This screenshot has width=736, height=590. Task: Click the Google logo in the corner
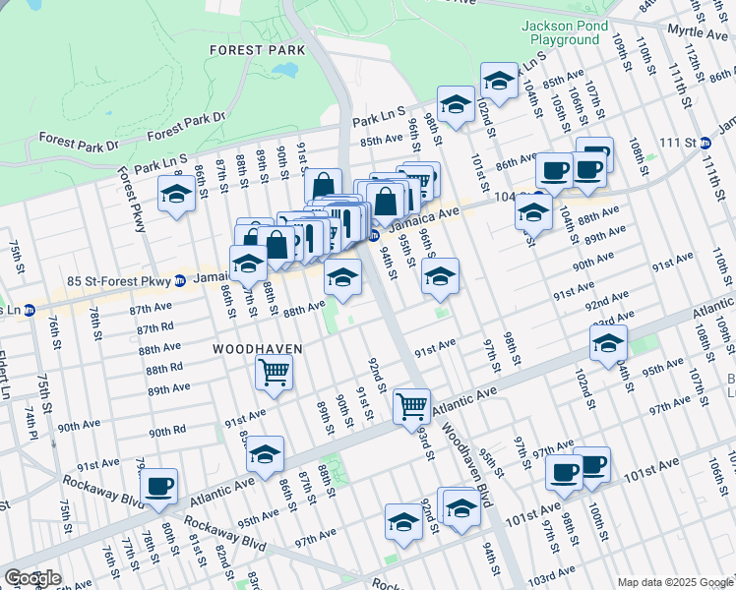32,578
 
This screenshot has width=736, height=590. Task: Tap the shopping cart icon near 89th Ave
274,372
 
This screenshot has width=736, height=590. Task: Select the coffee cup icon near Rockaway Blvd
158,485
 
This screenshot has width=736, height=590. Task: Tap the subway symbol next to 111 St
705,144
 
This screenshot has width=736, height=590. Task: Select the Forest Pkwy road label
131,200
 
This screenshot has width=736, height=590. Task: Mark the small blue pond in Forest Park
286,71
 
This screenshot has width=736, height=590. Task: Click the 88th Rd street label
165,368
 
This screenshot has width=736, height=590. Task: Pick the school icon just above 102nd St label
499,81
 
